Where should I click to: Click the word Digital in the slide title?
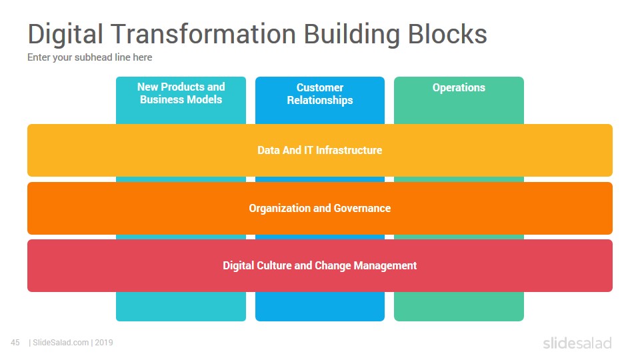pyautogui.click(x=65, y=35)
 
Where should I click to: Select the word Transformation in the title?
pyautogui.click(x=203, y=33)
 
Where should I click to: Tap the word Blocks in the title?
pyautogui.click(x=447, y=33)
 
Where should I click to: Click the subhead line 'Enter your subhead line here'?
pyautogui.click(x=90, y=57)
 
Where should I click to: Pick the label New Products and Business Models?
pyautogui.click(x=181, y=93)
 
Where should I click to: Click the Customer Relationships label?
pyautogui.click(x=320, y=94)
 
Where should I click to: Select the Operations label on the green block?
pyautogui.click(x=459, y=88)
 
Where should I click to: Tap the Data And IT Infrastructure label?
pyautogui.click(x=319, y=150)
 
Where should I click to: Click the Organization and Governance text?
pyautogui.click(x=319, y=208)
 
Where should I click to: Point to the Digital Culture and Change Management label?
pyautogui.click(x=319, y=266)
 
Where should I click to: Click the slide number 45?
pyautogui.click(x=15, y=343)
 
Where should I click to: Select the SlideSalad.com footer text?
pyautogui.click(x=61, y=343)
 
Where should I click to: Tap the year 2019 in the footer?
pyautogui.click(x=104, y=343)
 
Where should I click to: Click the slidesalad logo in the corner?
pyautogui.click(x=577, y=343)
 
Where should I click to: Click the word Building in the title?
pyautogui.click(x=352, y=35)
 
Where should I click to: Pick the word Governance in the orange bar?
pyautogui.click(x=362, y=208)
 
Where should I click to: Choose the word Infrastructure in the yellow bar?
pyautogui.click(x=349, y=150)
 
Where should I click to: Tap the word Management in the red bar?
pyautogui.click(x=385, y=266)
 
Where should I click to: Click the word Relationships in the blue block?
pyautogui.click(x=320, y=101)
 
